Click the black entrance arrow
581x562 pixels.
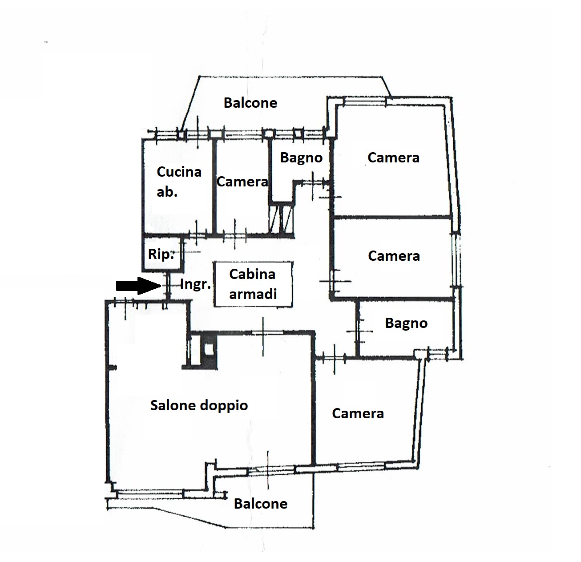coord(138,286)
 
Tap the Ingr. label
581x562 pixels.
coord(196,284)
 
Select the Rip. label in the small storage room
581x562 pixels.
coord(161,254)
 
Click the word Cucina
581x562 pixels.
coord(179,172)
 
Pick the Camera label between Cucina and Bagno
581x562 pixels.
coord(242,182)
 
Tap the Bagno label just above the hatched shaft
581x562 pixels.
coord(301,158)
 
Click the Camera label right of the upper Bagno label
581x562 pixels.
coord(393,158)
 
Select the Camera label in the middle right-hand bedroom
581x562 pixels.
coord(394,256)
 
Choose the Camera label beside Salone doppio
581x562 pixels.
coord(358,413)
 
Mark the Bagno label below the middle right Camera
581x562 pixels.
coord(406,323)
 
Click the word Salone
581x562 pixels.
coord(173,405)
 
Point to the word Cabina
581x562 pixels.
coord(252,274)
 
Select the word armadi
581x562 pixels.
coord(253,294)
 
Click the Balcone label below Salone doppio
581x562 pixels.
coord(261,504)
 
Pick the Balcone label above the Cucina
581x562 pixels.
coord(250,103)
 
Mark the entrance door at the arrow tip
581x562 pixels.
coord(168,286)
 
